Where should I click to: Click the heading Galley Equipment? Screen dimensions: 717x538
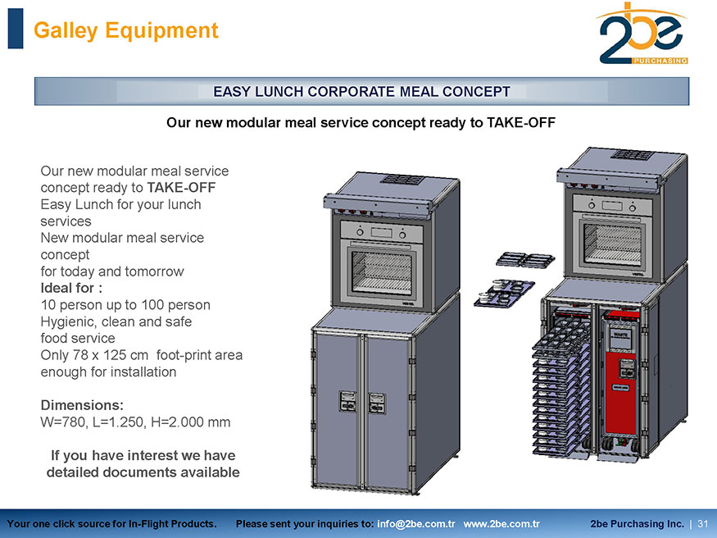[125, 30]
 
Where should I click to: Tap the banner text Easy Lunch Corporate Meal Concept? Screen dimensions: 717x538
[361, 92]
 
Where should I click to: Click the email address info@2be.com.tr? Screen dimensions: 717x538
[415, 524]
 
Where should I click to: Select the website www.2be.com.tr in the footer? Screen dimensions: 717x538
[501, 524]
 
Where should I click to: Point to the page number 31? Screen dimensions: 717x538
[703, 524]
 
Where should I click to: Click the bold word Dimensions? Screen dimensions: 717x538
[82, 405]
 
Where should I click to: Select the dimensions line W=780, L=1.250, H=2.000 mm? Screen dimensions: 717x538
[135, 422]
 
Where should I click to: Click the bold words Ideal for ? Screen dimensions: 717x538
[71, 288]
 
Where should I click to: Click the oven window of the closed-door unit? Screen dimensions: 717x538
[381, 272]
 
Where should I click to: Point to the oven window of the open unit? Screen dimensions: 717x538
[612, 244]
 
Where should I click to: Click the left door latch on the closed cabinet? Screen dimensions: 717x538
[348, 401]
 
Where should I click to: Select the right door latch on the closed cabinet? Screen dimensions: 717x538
[377, 403]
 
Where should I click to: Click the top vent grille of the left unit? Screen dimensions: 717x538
[402, 180]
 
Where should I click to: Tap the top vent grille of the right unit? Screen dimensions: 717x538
[633, 155]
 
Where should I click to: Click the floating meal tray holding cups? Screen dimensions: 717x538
[503, 294]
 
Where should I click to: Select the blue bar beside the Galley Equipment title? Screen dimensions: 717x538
[16, 29]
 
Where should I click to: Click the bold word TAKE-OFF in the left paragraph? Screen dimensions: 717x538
[181, 188]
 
